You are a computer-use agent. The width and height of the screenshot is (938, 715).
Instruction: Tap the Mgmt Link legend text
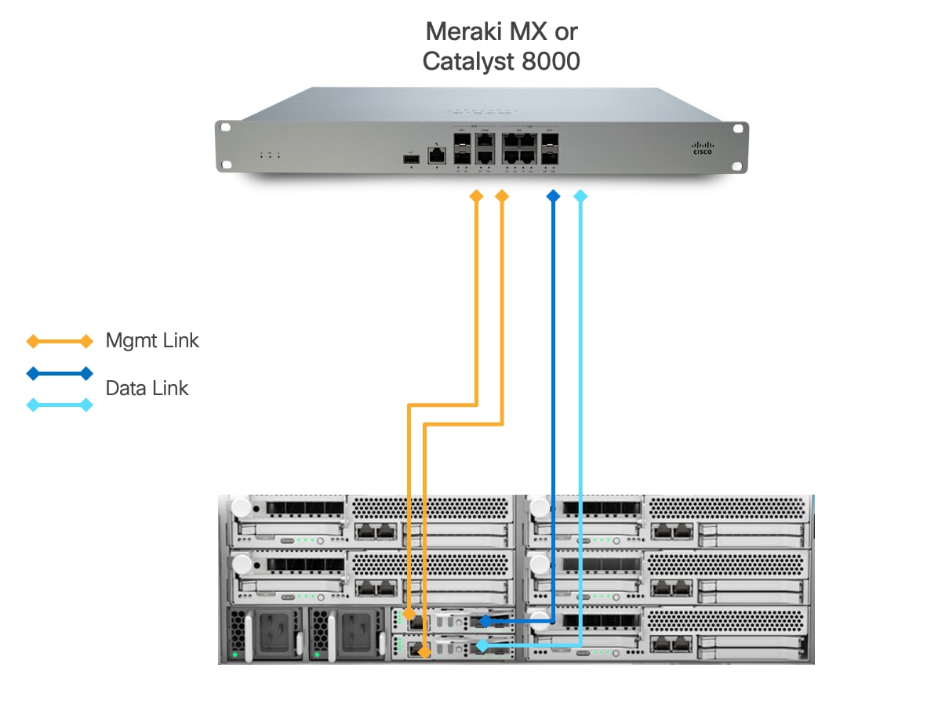click(152, 340)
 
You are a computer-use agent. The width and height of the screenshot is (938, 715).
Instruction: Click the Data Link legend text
click(147, 388)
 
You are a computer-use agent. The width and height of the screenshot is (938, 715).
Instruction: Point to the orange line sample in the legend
click(60, 341)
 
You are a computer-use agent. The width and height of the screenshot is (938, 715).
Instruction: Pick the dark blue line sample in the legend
click(60, 373)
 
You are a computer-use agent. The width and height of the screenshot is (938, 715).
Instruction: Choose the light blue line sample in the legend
click(60, 405)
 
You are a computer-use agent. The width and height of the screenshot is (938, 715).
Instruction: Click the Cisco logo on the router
click(703, 147)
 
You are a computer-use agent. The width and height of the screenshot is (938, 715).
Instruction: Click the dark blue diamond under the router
click(554, 196)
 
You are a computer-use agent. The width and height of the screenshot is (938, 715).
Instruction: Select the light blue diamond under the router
click(580, 196)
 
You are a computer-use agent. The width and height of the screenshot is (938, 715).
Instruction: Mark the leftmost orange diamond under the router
click(476, 196)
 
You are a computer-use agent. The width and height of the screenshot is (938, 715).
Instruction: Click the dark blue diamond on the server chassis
click(485, 621)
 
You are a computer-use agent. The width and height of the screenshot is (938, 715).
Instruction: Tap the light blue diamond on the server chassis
click(482, 645)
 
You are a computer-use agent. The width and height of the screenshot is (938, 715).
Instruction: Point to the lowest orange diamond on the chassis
click(424, 651)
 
